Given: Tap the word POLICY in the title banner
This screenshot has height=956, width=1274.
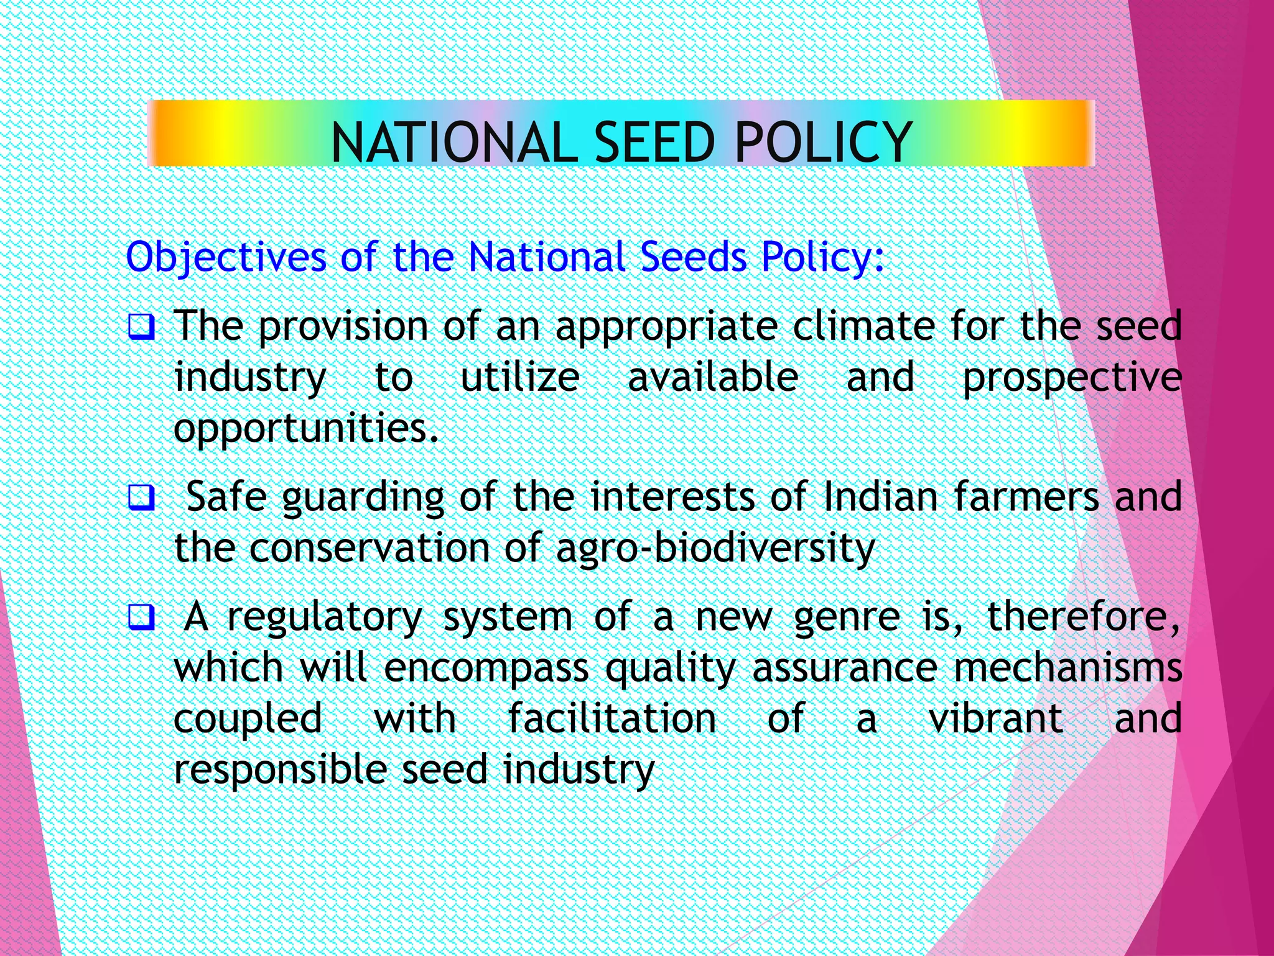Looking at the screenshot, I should pos(824,143).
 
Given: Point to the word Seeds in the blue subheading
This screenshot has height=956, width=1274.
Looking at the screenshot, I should pos(694,256).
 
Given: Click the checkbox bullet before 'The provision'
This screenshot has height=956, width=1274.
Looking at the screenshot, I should pos(141,327).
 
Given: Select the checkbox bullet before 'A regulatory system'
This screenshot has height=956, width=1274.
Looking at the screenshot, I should pos(141,617).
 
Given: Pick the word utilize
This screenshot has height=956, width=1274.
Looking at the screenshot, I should pos(520,377).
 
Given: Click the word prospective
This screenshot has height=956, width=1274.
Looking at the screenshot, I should pos(1072,378).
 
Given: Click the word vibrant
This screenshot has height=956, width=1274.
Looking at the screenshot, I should pos(995,718).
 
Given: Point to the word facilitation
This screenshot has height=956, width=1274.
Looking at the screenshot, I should pos(612,718).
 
